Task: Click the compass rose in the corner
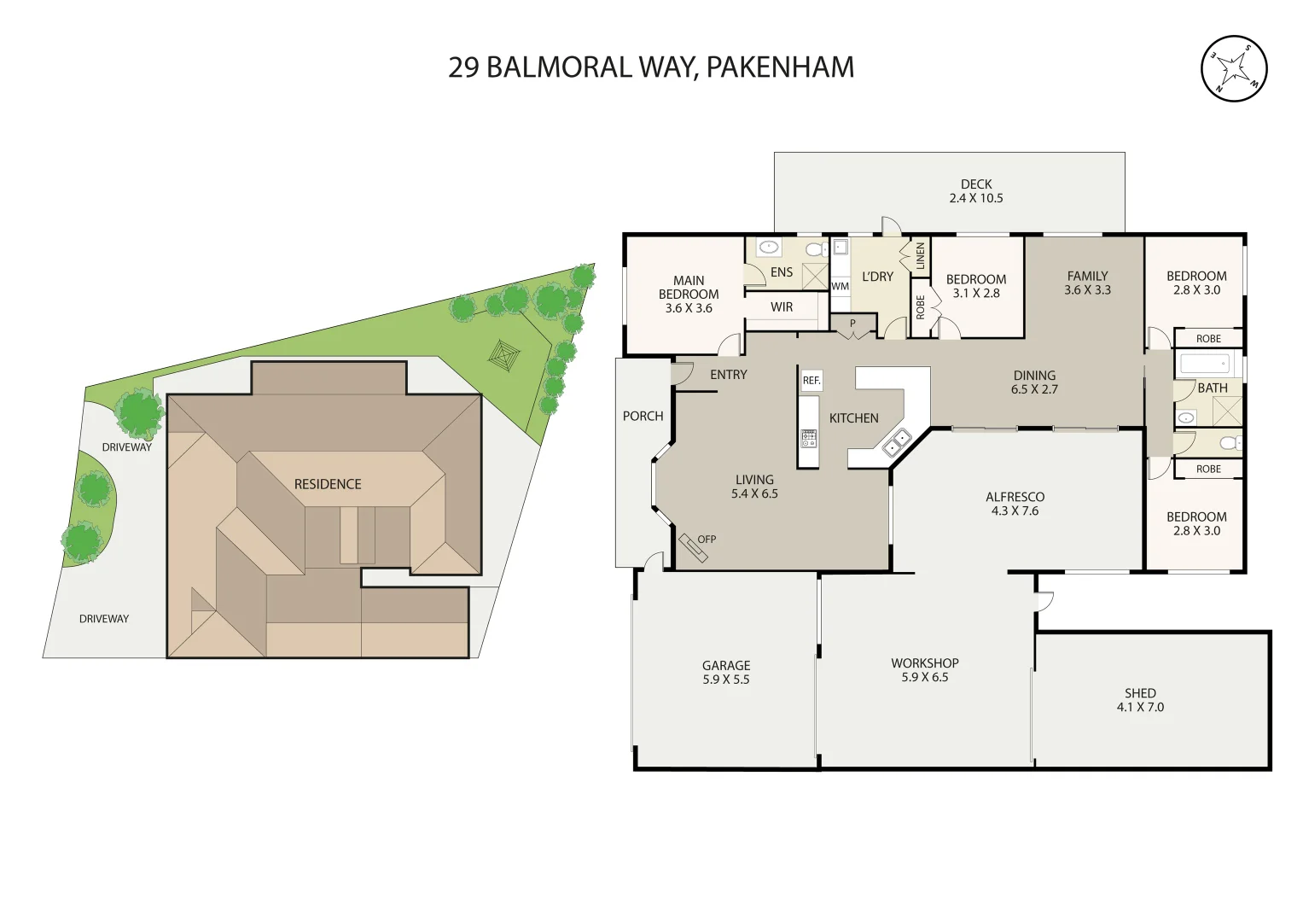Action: pyautogui.click(x=1234, y=69)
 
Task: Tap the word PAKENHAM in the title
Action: pyautogui.click(x=780, y=67)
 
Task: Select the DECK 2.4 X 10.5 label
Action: pyautogui.click(x=975, y=191)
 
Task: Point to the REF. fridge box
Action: pyautogui.click(x=811, y=380)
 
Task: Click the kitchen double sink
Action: pyautogui.click(x=896, y=443)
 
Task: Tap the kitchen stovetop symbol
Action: pyautogui.click(x=808, y=439)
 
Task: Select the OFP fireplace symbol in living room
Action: pyautogui.click(x=692, y=548)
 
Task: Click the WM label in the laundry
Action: pyautogui.click(x=840, y=287)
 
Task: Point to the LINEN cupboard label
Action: pyautogui.click(x=920, y=255)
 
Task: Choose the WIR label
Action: pyautogui.click(x=782, y=307)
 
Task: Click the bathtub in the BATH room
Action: pyautogui.click(x=1205, y=365)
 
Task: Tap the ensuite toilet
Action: pyautogui.click(x=814, y=249)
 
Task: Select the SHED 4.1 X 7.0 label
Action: pyautogui.click(x=1140, y=700)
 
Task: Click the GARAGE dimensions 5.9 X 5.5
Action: pyautogui.click(x=726, y=680)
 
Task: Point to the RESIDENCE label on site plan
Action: pyautogui.click(x=328, y=484)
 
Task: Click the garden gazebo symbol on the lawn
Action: pyautogui.click(x=504, y=356)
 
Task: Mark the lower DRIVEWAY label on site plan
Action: pyautogui.click(x=104, y=619)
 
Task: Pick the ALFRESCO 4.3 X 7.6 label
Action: pyautogui.click(x=1015, y=504)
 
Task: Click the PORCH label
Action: pyautogui.click(x=643, y=417)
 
